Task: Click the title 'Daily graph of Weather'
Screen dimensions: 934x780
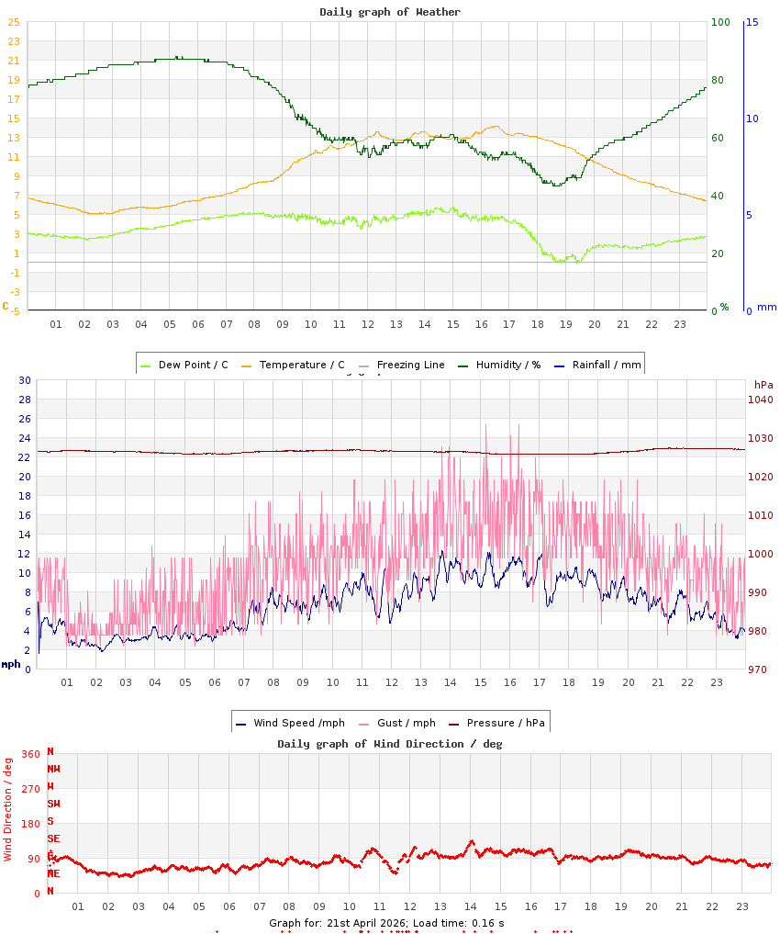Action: tap(390, 12)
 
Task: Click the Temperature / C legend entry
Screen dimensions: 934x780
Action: tap(293, 365)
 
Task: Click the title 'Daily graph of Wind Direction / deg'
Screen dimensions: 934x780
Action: tap(390, 744)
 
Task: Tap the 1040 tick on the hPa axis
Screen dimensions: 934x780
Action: tap(760, 399)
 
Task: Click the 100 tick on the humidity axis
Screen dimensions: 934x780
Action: tap(719, 22)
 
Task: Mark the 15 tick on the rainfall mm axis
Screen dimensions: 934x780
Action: tap(752, 22)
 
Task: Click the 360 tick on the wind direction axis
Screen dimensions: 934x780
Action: tap(30, 754)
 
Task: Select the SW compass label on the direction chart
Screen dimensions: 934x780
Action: tap(53, 804)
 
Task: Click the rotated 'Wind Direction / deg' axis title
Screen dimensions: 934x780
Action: tap(8, 808)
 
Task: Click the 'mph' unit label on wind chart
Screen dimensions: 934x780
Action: tap(11, 664)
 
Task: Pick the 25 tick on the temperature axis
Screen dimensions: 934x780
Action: tap(13, 22)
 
